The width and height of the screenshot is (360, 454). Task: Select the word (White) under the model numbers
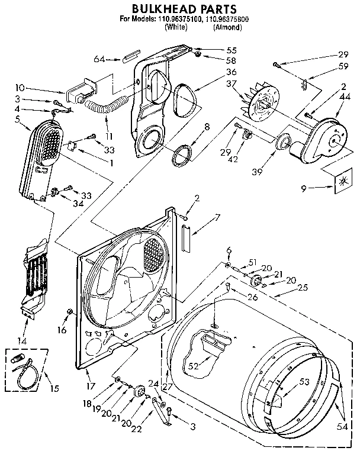176,27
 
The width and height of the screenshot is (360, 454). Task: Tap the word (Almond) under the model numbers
226,27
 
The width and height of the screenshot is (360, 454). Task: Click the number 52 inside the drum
192,365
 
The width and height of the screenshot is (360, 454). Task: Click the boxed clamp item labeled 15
24,371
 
